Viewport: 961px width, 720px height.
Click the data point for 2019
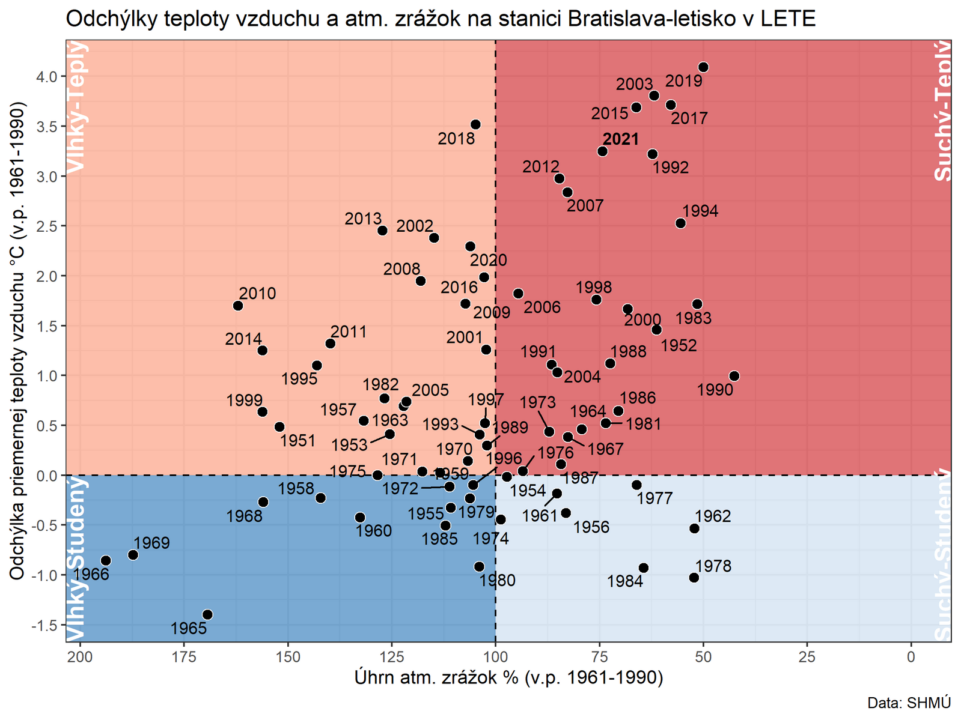point(703,67)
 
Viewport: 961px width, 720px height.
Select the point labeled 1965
point(207,614)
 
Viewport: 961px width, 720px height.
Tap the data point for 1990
point(734,376)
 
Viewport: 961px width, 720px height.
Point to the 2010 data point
point(238,306)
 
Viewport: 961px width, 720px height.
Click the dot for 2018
point(475,124)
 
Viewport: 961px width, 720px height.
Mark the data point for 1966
point(106,560)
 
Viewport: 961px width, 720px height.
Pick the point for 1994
point(680,223)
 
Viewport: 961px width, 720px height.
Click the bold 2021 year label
point(621,139)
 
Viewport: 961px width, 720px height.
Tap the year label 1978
point(713,566)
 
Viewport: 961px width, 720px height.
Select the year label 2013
point(363,219)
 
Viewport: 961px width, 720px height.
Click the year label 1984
point(625,581)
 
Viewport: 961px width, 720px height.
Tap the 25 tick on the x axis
point(807,656)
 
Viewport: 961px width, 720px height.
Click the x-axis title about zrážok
point(508,677)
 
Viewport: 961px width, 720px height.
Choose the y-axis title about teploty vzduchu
point(17,341)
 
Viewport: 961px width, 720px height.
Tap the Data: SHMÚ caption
point(909,703)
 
